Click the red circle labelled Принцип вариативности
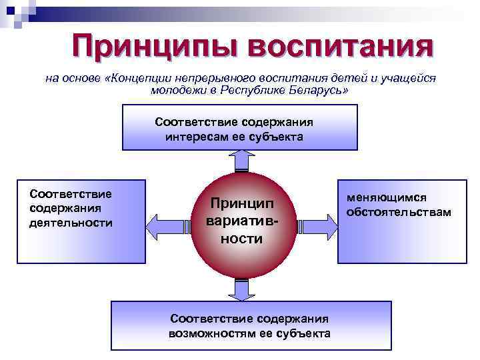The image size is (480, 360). coord(240,221)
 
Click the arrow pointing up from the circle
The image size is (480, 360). coord(240,160)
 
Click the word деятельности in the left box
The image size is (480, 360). coord(71,222)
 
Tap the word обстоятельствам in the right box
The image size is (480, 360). coord(399,212)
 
